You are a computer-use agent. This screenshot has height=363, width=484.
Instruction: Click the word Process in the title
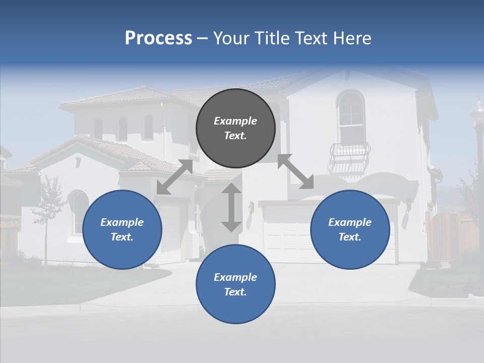[158, 38]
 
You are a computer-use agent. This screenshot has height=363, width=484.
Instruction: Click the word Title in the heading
[271, 38]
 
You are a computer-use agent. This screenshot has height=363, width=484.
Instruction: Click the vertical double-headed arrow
[231, 207]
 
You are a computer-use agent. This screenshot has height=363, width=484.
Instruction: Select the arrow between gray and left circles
[174, 177]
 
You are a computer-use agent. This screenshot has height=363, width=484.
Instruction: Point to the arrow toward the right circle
[295, 171]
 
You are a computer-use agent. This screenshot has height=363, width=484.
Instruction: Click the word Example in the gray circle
[235, 121]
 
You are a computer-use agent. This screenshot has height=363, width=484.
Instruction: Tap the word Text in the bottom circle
[235, 292]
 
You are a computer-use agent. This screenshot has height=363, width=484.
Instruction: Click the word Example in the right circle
[350, 222]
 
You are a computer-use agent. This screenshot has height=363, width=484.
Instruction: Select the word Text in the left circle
[122, 237]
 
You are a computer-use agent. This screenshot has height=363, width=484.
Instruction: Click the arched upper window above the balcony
[351, 117]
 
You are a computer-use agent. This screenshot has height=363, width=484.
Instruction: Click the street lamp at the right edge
[477, 131]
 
